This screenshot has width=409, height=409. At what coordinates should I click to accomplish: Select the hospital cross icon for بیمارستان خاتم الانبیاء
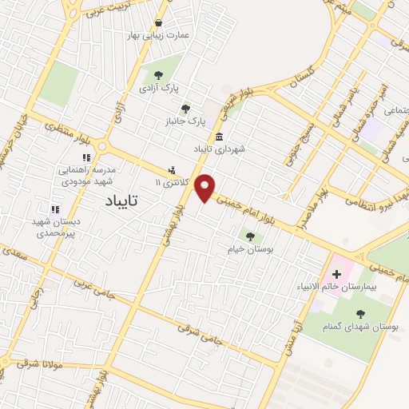(337, 276)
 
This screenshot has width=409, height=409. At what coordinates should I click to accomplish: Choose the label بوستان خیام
(256, 250)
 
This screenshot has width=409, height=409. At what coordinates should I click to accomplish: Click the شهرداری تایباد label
(224, 149)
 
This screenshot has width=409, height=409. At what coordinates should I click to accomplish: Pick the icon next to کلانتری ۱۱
(172, 170)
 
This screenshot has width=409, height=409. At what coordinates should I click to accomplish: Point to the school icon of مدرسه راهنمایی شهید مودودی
(85, 157)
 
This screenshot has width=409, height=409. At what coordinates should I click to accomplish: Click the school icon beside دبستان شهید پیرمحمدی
(54, 209)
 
